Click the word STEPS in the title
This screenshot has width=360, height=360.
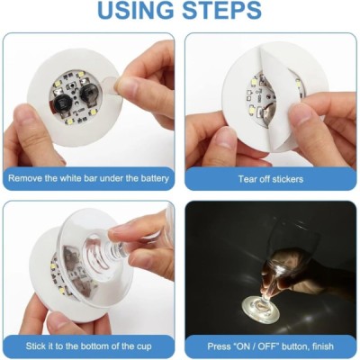pos(219,12)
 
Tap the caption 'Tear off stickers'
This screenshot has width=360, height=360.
pos(271,178)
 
